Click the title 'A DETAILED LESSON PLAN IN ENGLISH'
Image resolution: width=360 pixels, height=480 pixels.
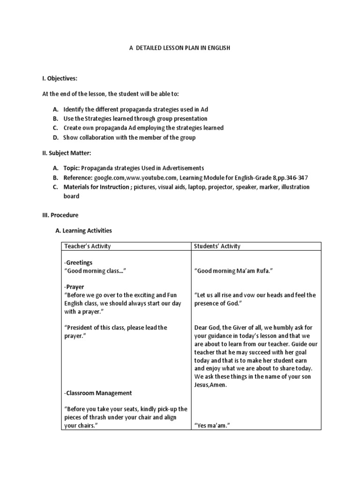point(180,48)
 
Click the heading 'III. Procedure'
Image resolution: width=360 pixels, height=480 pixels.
point(60,215)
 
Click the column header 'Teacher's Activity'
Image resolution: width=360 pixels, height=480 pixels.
point(87,246)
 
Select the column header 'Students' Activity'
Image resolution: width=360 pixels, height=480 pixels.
point(217,246)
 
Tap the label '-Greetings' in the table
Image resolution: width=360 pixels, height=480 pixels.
point(78,262)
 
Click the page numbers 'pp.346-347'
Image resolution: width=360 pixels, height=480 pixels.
point(292,177)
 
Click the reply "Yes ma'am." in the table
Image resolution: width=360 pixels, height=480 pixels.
point(209,426)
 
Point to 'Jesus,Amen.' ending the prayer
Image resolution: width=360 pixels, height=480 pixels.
point(210,385)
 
